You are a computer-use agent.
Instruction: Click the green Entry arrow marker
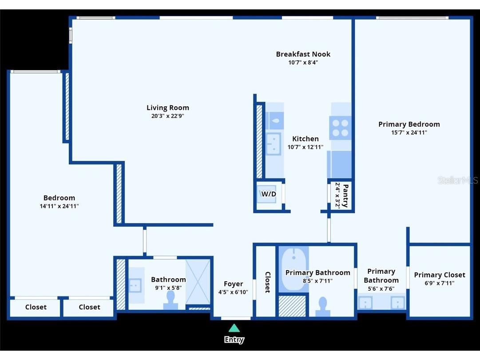(234, 328)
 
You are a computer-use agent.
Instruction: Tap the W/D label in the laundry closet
(268, 194)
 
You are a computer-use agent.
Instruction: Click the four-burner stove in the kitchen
(341, 128)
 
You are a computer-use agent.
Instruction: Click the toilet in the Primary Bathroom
(323, 306)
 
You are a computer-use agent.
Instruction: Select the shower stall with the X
(198, 281)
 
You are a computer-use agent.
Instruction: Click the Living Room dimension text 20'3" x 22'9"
(167, 116)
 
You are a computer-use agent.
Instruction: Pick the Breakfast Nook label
(303, 54)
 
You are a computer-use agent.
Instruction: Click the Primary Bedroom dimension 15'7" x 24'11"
(409, 132)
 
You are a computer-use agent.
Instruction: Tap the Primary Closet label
(440, 275)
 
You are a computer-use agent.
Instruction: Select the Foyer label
(233, 284)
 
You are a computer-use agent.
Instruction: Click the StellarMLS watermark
(457, 180)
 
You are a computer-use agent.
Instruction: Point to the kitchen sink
(274, 144)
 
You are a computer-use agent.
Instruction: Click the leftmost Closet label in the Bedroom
(36, 307)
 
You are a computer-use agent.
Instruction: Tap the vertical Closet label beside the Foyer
(268, 282)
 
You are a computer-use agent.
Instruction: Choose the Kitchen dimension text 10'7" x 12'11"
(305, 147)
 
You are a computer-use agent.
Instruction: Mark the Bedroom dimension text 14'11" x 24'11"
(59, 206)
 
